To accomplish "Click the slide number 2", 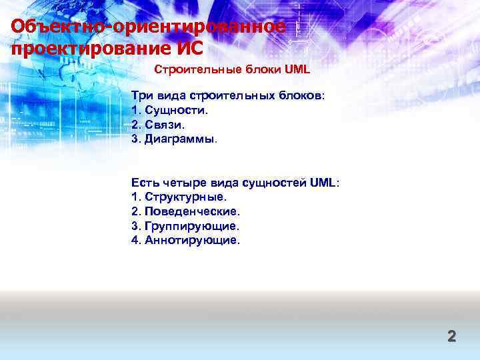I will point(451,336).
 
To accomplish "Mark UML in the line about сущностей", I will point(324,182).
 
